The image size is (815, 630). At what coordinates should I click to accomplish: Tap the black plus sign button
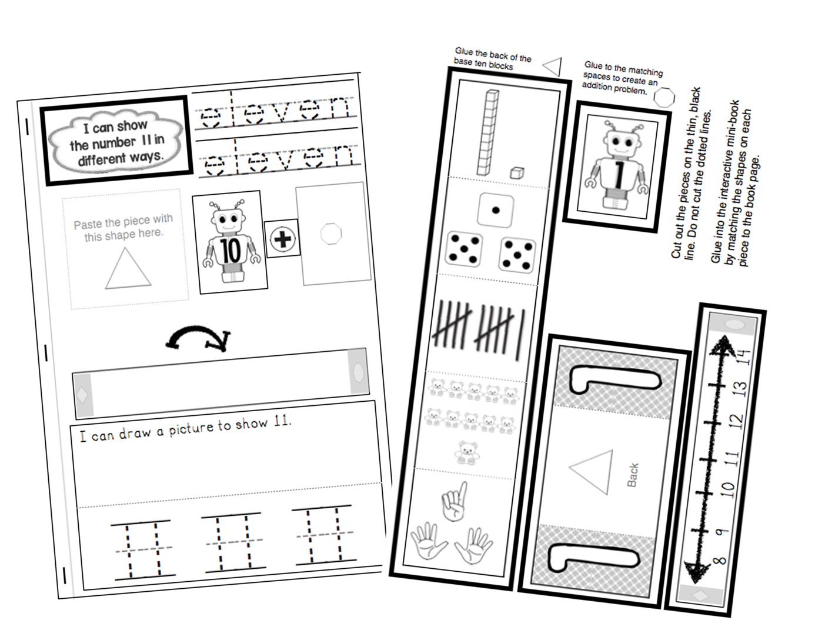coord(282,239)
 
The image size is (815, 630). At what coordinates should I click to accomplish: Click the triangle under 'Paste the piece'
coord(127,269)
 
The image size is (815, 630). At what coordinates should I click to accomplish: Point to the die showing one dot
coord(495,209)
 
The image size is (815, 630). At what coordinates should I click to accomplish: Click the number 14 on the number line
coord(744,356)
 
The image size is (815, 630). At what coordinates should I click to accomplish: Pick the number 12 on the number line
coord(735,421)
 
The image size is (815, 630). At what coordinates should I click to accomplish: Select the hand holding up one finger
coord(453,501)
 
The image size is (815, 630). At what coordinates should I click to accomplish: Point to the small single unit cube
coord(516,172)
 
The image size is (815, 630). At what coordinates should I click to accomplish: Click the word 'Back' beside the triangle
coord(633,475)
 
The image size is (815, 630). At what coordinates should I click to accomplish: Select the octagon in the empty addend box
coord(330,234)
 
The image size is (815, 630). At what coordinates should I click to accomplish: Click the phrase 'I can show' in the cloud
coord(115,126)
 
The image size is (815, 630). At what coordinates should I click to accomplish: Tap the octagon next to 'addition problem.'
coord(664,98)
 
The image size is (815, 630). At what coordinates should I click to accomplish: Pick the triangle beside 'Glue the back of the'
coord(553,66)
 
